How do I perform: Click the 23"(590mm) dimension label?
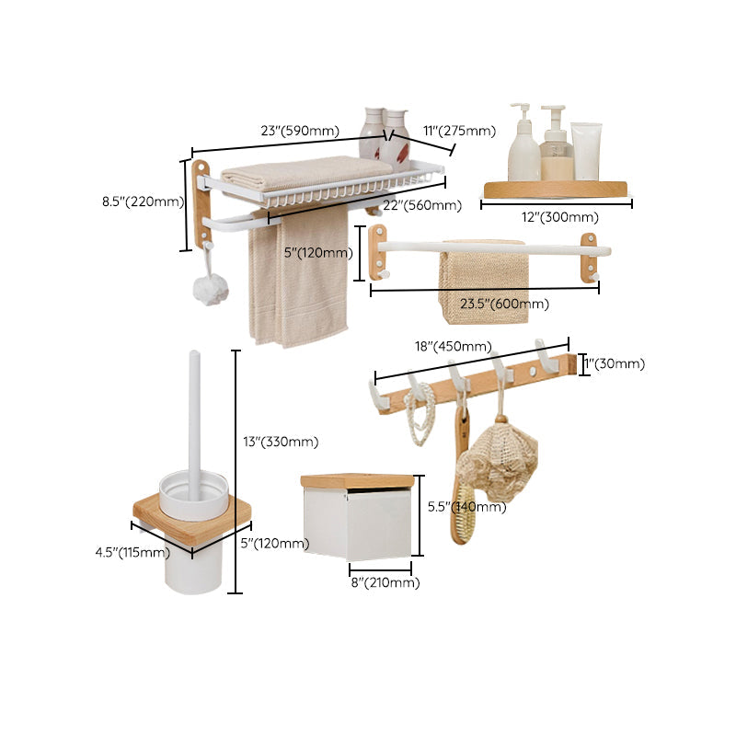(299, 131)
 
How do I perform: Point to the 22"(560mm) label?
(422, 205)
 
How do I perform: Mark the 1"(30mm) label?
(615, 363)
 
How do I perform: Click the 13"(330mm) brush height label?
(280, 442)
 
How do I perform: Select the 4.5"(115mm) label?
(132, 553)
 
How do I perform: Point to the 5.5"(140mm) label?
(468, 506)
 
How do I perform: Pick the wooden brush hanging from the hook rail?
(460, 497)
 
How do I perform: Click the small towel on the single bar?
(483, 285)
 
